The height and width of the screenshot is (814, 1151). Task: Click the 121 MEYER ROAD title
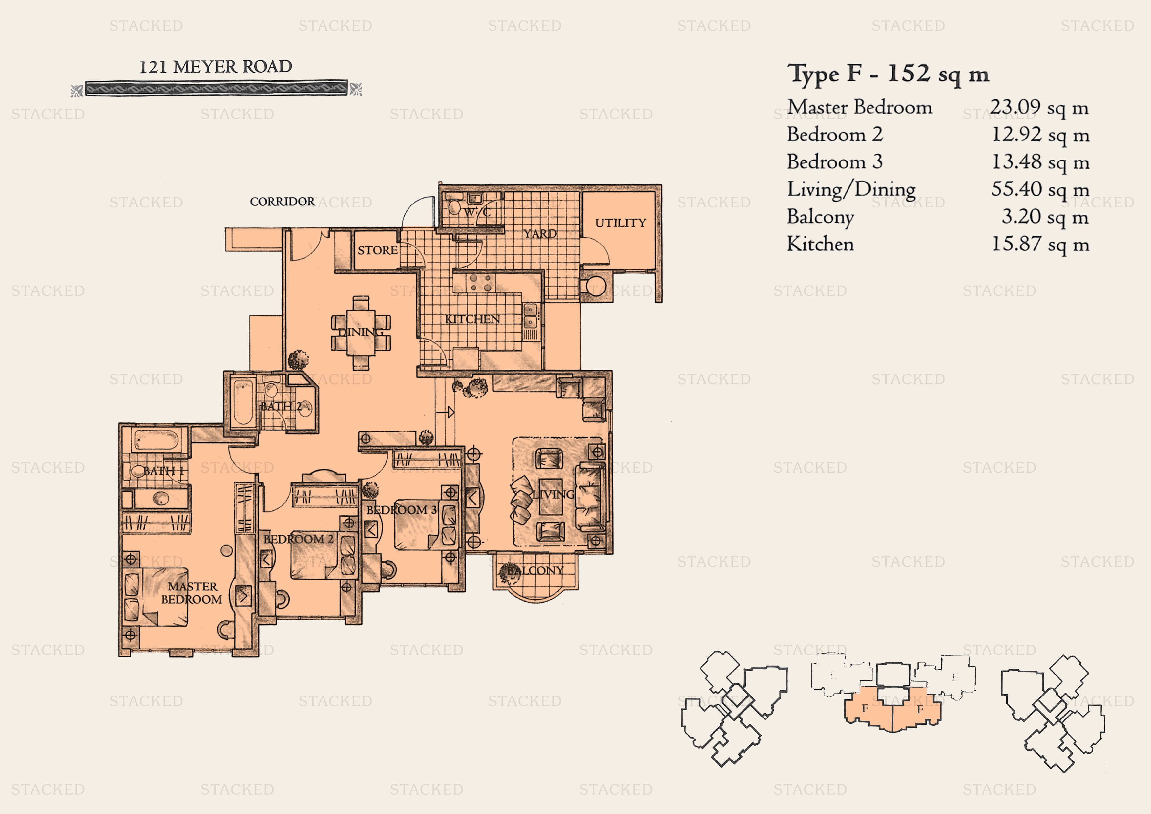pos(216,67)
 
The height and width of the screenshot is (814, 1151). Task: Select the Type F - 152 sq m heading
pos(888,74)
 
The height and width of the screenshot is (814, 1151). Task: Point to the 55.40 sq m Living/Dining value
pos(1040,190)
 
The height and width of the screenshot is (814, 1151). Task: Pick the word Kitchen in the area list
pos(820,244)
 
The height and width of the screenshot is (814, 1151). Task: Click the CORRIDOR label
pos(282,202)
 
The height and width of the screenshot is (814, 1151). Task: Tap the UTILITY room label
pos(621,223)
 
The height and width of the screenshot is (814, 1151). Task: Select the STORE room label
pos(377,250)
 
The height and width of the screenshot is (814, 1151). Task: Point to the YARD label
pos(540,234)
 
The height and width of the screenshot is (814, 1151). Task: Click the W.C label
pos(477,212)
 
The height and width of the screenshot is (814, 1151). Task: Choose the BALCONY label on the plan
pos(535,570)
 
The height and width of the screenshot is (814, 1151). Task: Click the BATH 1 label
pos(163,471)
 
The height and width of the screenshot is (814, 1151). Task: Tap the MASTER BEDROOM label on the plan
pos(192,593)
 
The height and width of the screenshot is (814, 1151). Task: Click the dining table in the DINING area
pos(361,332)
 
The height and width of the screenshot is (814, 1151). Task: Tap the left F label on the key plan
pos(865,709)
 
